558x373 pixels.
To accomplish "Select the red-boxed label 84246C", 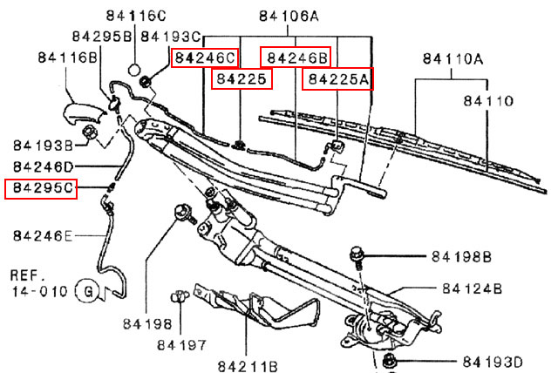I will tap(205, 58).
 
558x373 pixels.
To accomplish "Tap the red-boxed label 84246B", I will tap(296, 58).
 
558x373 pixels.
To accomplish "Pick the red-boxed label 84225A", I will tap(337, 80).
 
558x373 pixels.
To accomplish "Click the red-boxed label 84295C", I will tap(41, 188).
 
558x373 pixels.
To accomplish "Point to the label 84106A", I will tap(289, 16).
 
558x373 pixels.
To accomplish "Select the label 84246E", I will tap(44, 234).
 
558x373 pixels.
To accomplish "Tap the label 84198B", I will tap(461, 257).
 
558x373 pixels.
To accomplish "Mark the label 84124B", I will tap(472, 288).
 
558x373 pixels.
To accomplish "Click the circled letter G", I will tap(86, 289).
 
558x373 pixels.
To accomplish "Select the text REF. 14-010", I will tap(38, 281).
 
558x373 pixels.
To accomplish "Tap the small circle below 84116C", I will tap(135, 68).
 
